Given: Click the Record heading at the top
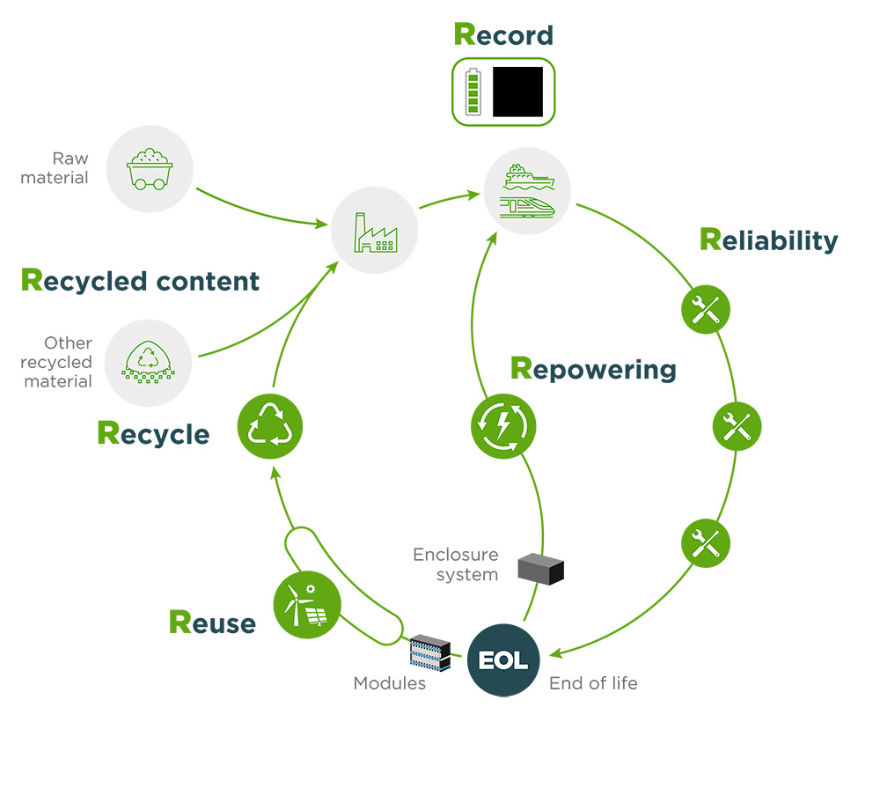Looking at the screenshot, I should point(503,34).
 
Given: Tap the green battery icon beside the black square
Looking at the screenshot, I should point(474,92).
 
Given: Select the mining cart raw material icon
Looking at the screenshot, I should point(149,168).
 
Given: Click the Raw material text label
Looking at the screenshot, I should point(55,168).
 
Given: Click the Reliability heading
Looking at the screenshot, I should point(768,239).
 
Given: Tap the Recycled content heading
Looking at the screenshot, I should point(140,281).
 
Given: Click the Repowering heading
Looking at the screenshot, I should point(592,368).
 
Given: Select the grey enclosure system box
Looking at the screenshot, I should point(540,570).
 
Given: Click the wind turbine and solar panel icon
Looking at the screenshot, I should point(306,605).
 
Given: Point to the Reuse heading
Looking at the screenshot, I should point(212,623).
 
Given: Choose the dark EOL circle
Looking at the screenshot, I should point(503,659).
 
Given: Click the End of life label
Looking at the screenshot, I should point(593,683).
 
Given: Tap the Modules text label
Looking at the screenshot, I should point(389,683).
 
